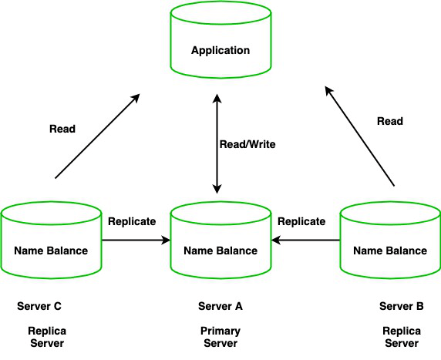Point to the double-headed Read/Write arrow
pyautogui.click(x=218, y=144)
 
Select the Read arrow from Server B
pyautogui.click(x=359, y=136)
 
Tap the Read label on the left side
pyautogui.click(x=62, y=129)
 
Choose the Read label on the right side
pyautogui.click(x=389, y=121)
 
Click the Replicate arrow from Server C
pyautogui.click(x=136, y=241)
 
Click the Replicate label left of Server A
pyautogui.click(x=132, y=221)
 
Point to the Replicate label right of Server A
pyautogui.click(x=301, y=221)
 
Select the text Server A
pyautogui.click(x=220, y=306)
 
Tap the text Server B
pyautogui.click(x=401, y=306)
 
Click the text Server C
pyautogui.click(x=39, y=306)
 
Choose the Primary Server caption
pyautogui.click(x=220, y=337)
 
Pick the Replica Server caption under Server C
pyautogui.click(x=46, y=337)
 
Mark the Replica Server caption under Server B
pyautogui.click(x=401, y=337)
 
